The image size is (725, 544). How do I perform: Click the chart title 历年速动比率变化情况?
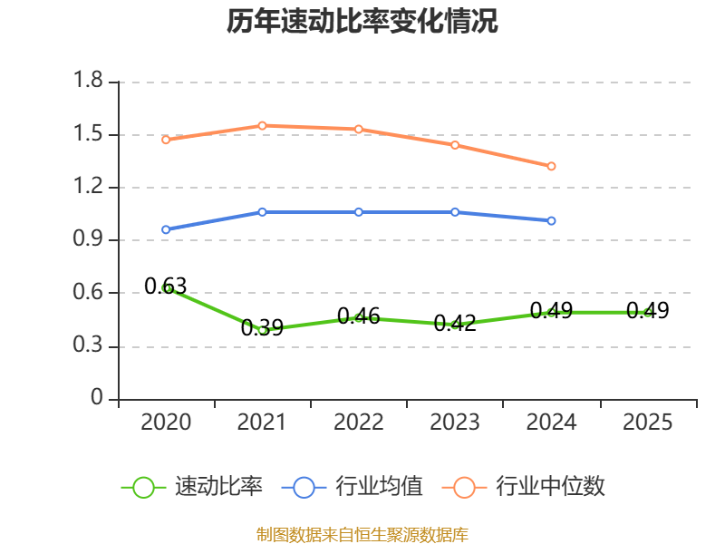tap(362, 21)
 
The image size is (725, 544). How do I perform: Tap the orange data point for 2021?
tap(262, 126)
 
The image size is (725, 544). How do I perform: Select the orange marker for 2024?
tap(551, 166)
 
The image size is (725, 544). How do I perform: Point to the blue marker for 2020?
tap(166, 229)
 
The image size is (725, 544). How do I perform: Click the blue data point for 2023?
tap(455, 212)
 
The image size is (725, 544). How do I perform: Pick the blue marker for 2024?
tap(551, 220)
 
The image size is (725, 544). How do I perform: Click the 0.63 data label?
tap(166, 286)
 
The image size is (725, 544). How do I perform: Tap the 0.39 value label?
tap(262, 327)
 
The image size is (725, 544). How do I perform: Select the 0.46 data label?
tap(358, 316)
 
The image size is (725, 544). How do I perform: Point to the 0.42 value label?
tap(455, 323)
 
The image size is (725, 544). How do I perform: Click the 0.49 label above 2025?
tap(647, 310)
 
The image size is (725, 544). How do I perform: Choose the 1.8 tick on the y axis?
tap(88, 80)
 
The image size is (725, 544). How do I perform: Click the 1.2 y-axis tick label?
tap(88, 186)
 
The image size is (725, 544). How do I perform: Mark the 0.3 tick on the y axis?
tap(88, 345)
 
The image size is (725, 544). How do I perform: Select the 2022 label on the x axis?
tap(358, 422)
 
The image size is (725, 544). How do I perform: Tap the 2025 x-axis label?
tap(647, 422)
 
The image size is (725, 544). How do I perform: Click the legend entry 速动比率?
tap(192, 486)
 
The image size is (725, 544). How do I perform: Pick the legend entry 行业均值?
tap(353, 486)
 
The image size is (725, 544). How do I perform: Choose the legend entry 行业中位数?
tap(524, 486)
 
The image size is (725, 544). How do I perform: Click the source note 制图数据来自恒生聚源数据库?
tap(362, 535)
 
